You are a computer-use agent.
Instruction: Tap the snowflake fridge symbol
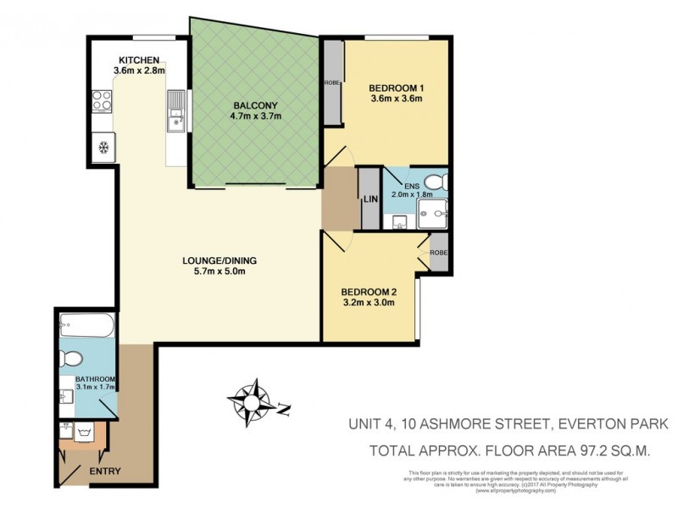coord(103,147)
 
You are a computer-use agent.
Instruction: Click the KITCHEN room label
coord(139,59)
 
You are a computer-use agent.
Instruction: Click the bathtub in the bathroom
coord(85,324)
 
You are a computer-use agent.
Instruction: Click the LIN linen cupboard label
coord(370,199)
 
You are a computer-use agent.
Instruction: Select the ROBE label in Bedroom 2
coord(438,253)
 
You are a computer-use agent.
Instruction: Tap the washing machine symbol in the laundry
coord(85,433)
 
